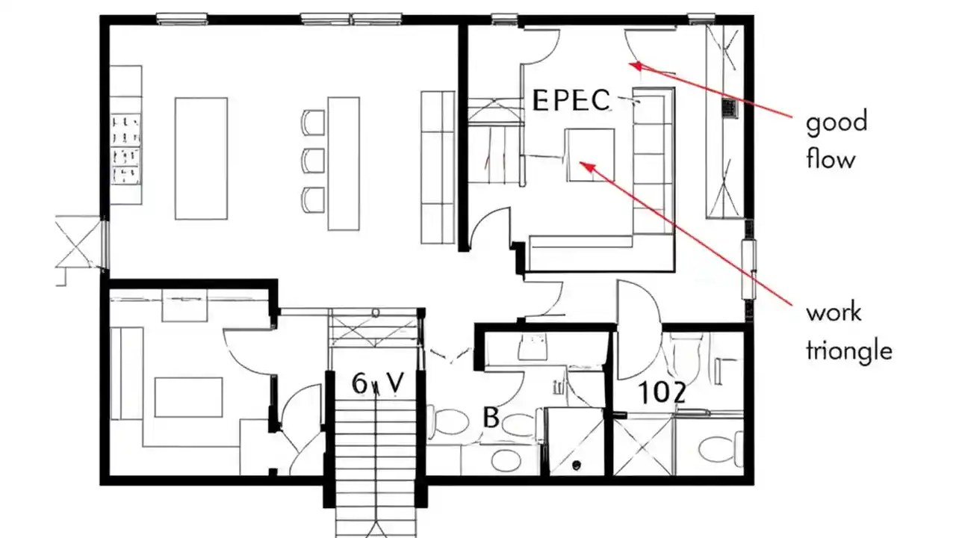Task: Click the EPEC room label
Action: (571, 100)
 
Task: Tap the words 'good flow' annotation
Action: (836, 140)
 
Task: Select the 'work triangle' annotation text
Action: (848, 331)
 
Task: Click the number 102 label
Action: (662, 393)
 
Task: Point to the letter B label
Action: (491, 418)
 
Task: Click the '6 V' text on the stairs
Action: (378, 384)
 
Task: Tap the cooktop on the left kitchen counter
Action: (126, 149)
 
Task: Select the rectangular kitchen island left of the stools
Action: (201, 158)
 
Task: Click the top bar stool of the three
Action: (314, 122)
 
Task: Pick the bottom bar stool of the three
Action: (314, 198)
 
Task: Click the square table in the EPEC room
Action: (590, 155)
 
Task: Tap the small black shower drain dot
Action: (577, 466)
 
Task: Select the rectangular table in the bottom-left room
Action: (188, 397)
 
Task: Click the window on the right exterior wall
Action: (749, 270)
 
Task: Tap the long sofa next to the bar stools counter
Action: (438, 167)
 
